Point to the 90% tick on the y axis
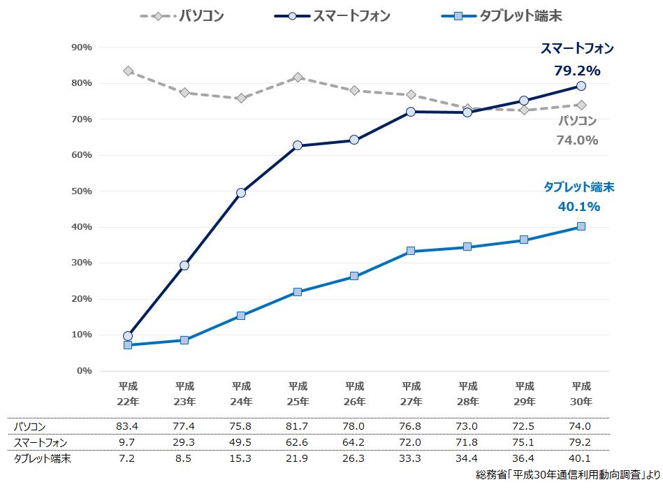(82, 48)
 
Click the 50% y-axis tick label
(82, 191)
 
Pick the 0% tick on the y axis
(85, 370)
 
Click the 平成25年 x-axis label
(298, 394)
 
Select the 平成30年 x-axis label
(581, 394)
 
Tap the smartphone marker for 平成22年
(128, 336)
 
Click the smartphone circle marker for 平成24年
(241, 193)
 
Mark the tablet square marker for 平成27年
(411, 251)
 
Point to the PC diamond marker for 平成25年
(298, 77)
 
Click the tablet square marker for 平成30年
(581, 226)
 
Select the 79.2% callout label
(577, 71)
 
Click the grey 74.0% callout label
(577, 140)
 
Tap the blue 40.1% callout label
(578, 206)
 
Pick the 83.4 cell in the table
(128, 426)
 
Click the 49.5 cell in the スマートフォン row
(241, 442)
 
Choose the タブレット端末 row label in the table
(43, 458)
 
